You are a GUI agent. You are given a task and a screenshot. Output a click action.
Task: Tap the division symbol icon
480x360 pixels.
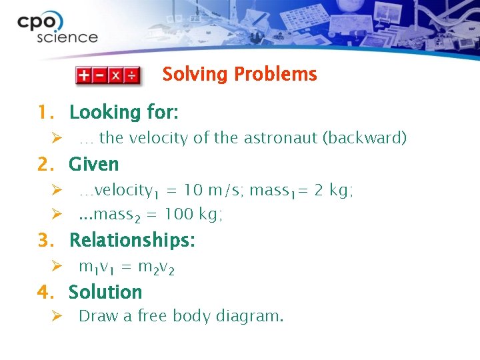[x=133, y=75]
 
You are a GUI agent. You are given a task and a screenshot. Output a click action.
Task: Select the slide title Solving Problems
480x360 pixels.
[x=239, y=74]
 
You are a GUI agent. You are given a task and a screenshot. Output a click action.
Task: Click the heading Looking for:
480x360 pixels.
[x=123, y=112]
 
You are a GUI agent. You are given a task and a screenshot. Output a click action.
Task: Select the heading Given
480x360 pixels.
[x=93, y=164]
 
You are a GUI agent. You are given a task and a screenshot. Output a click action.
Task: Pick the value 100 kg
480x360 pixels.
[x=193, y=214]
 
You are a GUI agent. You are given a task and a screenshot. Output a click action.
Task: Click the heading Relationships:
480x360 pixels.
[x=132, y=240]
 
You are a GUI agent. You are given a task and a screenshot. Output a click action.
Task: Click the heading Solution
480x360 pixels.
[x=105, y=292]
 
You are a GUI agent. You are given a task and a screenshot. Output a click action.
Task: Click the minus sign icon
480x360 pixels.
[x=100, y=75]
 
